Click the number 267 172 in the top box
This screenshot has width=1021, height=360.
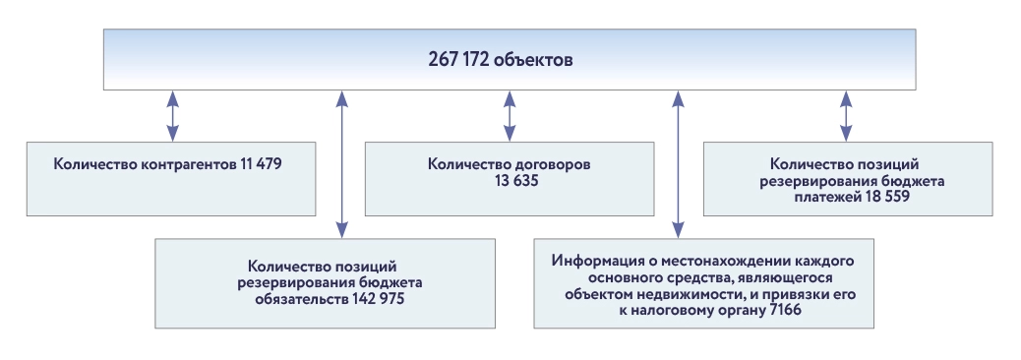(x=462, y=59)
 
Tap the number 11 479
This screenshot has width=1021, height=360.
(x=260, y=163)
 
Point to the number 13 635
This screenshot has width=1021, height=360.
(x=509, y=181)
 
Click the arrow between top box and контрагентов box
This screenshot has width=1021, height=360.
(x=172, y=116)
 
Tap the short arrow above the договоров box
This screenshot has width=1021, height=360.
(x=509, y=116)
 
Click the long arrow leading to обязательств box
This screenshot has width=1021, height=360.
(x=341, y=163)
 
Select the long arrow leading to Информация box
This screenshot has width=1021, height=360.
(x=677, y=163)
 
